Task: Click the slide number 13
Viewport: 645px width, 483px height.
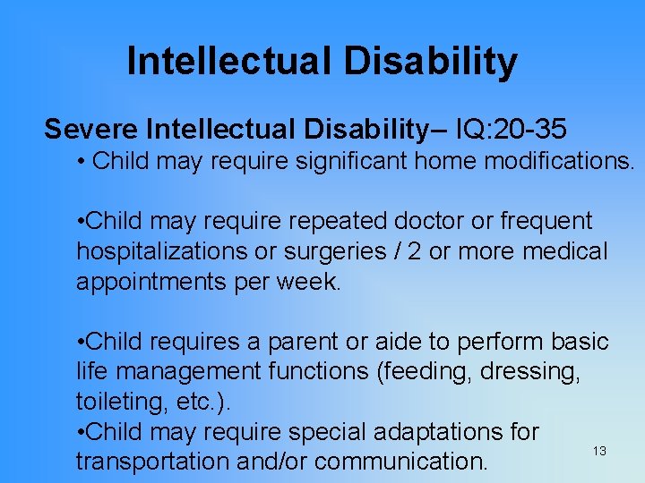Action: point(599,451)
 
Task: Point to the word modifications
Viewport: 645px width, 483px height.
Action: point(559,162)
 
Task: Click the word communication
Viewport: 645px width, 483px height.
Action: point(402,462)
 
